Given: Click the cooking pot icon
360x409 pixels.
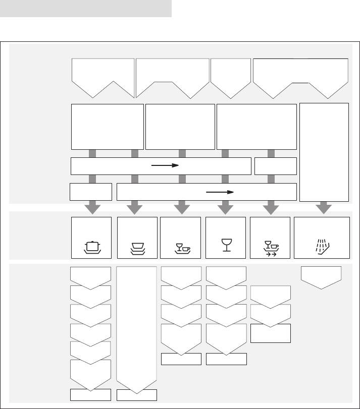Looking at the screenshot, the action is [91, 247].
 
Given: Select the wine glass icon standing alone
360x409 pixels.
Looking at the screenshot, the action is [226, 245].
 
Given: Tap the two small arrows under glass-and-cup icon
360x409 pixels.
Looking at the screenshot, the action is [270, 255].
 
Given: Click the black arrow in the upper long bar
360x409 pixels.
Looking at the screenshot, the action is [166, 165].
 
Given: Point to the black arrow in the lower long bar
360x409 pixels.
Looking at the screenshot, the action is [221, 192].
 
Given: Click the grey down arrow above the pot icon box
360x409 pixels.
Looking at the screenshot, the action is [91, 207].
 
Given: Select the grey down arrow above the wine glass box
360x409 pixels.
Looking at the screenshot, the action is [225, 207].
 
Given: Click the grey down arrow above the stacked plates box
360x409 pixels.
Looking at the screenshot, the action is [135, 207].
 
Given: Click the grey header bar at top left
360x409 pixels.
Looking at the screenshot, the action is [86, 9].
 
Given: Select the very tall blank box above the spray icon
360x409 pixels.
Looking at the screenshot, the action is [324, 151].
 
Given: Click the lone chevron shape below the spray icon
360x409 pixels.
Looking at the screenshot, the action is [321, 276].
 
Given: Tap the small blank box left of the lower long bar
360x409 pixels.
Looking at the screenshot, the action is [91, 192].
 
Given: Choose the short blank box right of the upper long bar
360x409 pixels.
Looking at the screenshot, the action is [275, 165].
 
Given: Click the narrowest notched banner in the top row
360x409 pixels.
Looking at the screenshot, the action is [231, 76].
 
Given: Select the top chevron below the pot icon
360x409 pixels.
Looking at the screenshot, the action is [91, 276].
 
